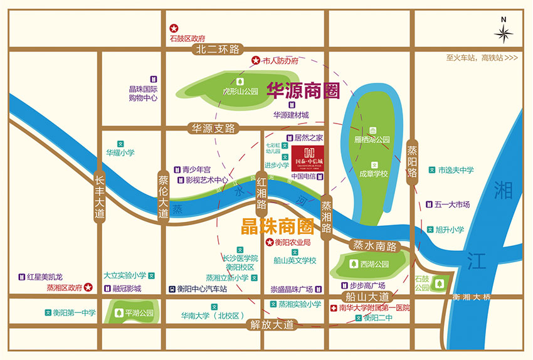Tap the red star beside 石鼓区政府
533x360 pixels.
coord(174,28)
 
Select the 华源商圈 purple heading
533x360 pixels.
coord(303,92)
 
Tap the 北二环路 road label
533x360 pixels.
coord(218,49)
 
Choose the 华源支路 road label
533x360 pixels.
coord(213,129)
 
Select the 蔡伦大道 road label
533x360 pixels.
coord(163,196)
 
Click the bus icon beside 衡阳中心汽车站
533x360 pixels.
coord(171,289)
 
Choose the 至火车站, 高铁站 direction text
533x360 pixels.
coord(482,58)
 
